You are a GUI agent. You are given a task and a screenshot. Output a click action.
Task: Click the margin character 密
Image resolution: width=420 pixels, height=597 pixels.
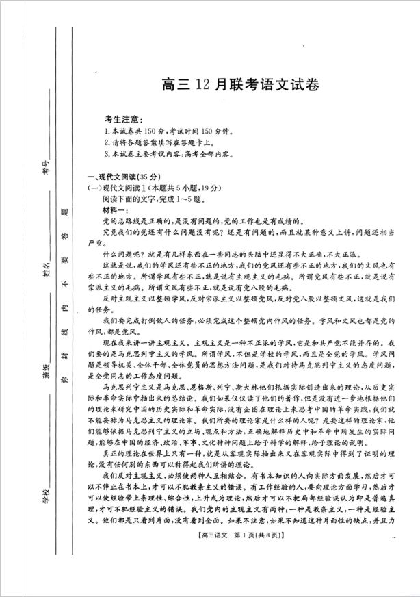tap(66, 380)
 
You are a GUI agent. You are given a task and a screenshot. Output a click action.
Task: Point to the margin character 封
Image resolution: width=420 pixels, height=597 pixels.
tap(66, 357)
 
